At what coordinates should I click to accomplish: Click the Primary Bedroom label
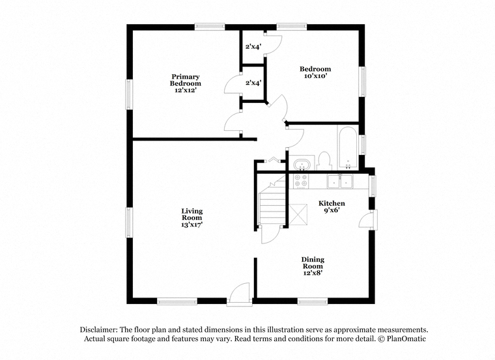tap(186, 80)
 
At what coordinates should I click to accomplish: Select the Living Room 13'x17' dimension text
tap(191, 225)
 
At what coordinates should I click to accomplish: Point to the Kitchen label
tap(332, 203)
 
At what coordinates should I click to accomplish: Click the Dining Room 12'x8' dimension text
tap(313, 273)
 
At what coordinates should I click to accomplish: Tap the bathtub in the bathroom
tap(347, 148)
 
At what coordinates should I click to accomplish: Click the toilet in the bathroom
tap(324, 161)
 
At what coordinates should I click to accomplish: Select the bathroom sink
tap(302, 163)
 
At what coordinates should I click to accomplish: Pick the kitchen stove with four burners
tap(300, 181)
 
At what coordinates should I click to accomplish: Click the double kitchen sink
tap(340, 181)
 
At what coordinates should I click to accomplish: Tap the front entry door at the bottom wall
tap(240, 294)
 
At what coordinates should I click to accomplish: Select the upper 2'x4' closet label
tap(253, 47)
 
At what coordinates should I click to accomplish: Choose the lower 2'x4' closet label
tap(253, 83)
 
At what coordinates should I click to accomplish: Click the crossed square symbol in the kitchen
tap(298, 215)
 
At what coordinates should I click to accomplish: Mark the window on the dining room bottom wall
tap(313, 301)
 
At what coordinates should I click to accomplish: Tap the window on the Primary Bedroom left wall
tap(129, 94)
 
